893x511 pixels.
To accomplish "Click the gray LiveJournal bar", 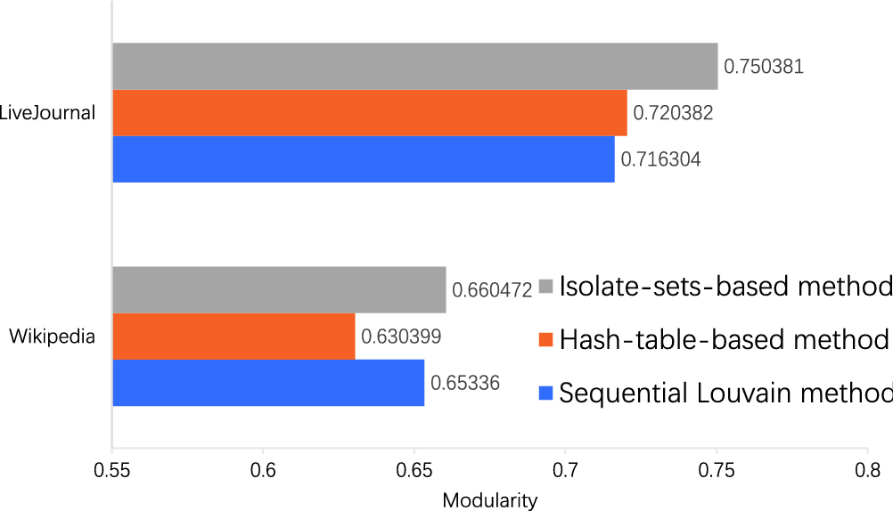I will (x=414, y=67).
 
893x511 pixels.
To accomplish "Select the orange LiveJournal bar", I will (x=369, y=113).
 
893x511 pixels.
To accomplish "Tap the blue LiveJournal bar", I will (x=363, y=159).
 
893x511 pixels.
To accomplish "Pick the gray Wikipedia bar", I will (x=278, y=289).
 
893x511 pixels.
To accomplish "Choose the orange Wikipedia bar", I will (x=233, y=336).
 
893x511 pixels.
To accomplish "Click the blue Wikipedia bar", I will (x=267, y=382).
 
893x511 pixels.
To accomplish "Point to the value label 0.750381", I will (x=764, y=67).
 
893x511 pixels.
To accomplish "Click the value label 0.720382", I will (x=673, y=113).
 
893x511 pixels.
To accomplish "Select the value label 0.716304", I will (x=660, y=160).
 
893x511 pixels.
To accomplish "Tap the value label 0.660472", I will (x=493, y=289).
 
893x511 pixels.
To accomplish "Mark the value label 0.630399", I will (x=401, y=337).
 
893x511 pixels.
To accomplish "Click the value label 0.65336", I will (x=465, y=383).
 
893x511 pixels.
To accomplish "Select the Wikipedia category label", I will (x=53, y=336).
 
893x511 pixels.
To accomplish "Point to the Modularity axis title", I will (x=489, y=500).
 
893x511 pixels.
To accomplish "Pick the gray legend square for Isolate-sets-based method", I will (x=546, y=287).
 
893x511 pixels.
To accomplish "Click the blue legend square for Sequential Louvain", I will (x=546, y=393).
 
